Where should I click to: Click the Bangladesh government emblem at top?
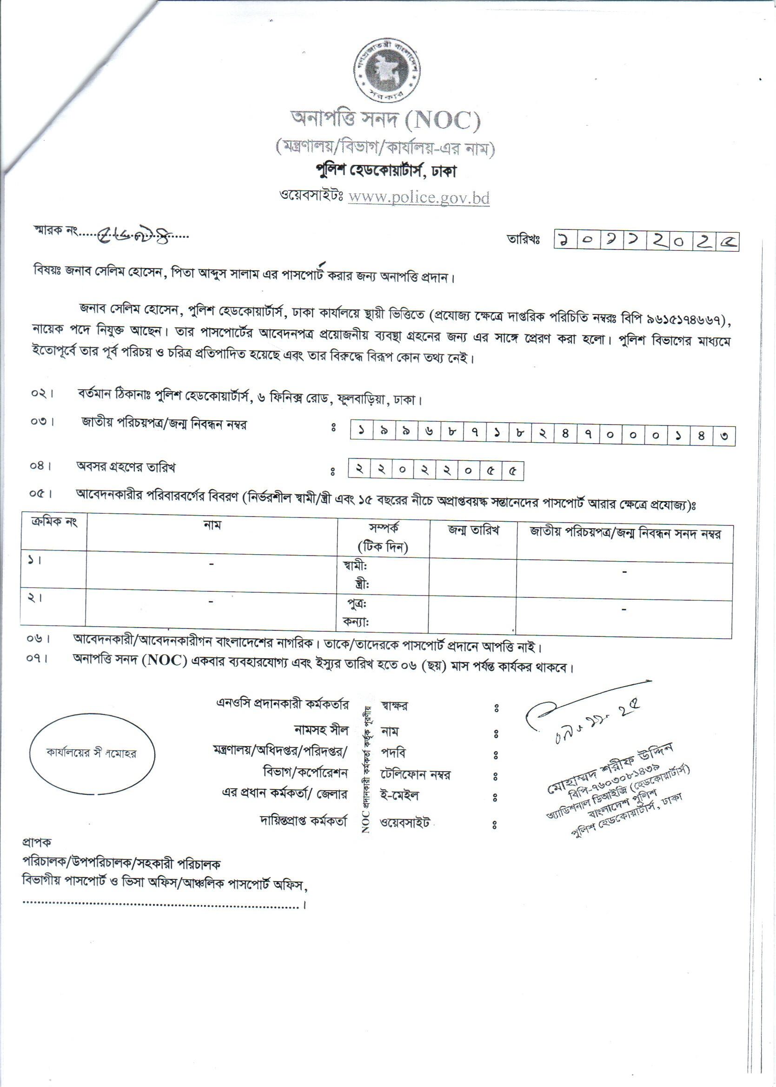pos(387,70)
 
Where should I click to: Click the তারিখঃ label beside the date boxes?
pos(524,241)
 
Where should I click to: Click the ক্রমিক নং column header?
pos(53,522)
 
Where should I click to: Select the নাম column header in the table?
pos(212,525)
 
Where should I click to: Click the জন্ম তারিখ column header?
pos(473,530)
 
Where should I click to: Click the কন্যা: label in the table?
pos(356,622)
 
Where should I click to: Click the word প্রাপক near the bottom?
pos(36,842)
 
